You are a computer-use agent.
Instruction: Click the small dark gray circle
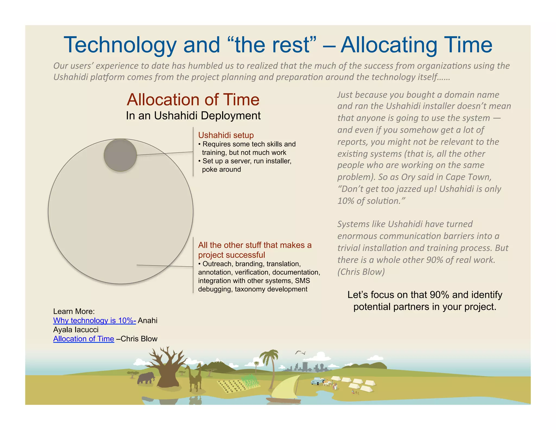(120, 155)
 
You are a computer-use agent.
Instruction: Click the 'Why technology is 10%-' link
(94, 320)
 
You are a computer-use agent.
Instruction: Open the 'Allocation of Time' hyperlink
(84, 339)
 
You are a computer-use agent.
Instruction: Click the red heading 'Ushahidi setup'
(226, 135)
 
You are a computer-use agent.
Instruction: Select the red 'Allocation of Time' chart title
(193, 99)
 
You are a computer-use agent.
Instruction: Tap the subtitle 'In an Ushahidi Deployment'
(193, 116)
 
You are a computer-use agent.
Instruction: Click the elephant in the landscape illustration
(146, 378)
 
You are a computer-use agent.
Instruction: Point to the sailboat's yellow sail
(285, 387)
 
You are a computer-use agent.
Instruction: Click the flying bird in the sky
(300, 353)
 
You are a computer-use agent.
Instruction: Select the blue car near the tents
(317, 381)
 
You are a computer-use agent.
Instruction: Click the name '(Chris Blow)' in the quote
(361, 272)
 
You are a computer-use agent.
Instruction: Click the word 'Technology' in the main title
(120, 45)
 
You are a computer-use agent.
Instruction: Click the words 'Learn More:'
(74, 311)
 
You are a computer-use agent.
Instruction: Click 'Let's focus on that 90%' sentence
(425, 295)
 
